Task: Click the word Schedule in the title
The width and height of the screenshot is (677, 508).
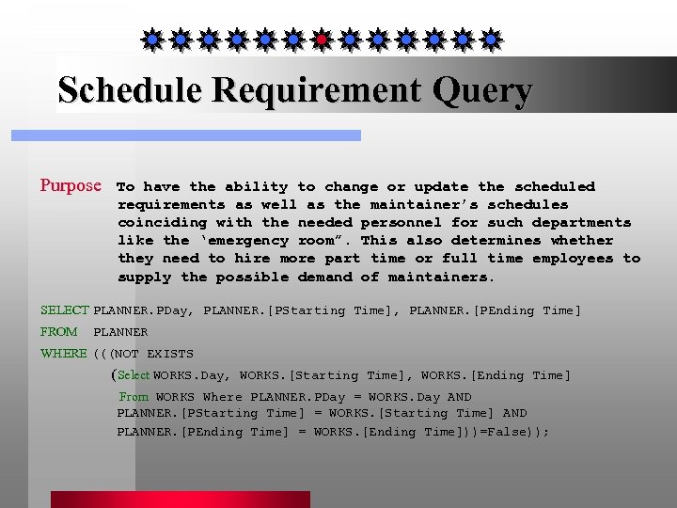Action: click(x=130, y=90)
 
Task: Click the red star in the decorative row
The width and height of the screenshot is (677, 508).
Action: click(x=321, y=40)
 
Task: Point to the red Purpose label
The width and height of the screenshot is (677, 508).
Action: click(x=70, y=185)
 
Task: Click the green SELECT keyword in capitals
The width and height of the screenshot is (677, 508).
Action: click(x=64, y=310)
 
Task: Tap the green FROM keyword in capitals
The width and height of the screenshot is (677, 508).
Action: click(x=58, y=332)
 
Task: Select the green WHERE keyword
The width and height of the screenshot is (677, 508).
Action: click(x=63, y=354)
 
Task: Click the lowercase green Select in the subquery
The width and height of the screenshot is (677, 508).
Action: click(x=134, y=375)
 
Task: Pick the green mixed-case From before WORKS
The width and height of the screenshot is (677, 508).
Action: click(x=134, y=397)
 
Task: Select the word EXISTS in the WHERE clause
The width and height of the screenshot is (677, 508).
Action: click(x=170, y=355)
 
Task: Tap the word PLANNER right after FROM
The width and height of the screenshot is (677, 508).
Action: click(x=120, y=332)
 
